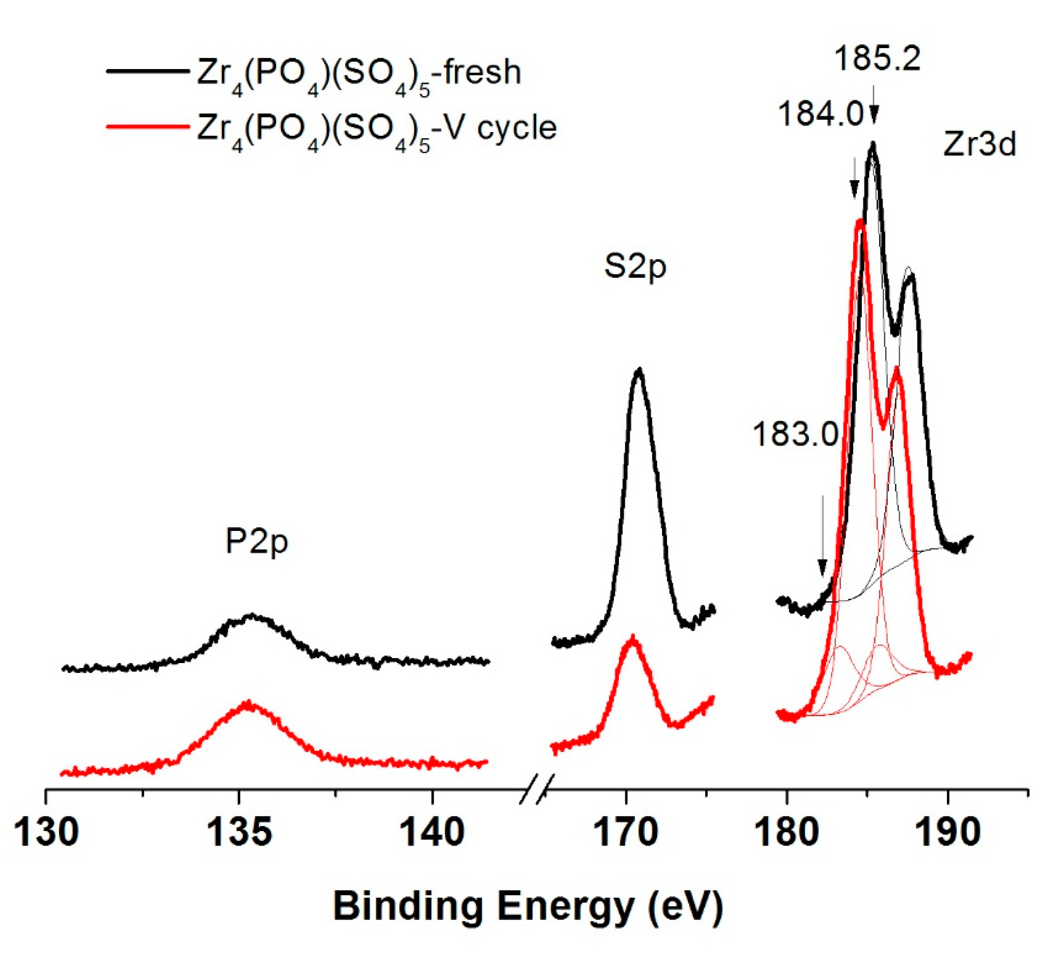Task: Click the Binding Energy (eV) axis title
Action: coord(528,907)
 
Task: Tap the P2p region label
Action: coord(257,542)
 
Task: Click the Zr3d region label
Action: coord(979,144)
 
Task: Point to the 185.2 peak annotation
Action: coord(878,59)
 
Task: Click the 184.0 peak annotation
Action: coord(821,113)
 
